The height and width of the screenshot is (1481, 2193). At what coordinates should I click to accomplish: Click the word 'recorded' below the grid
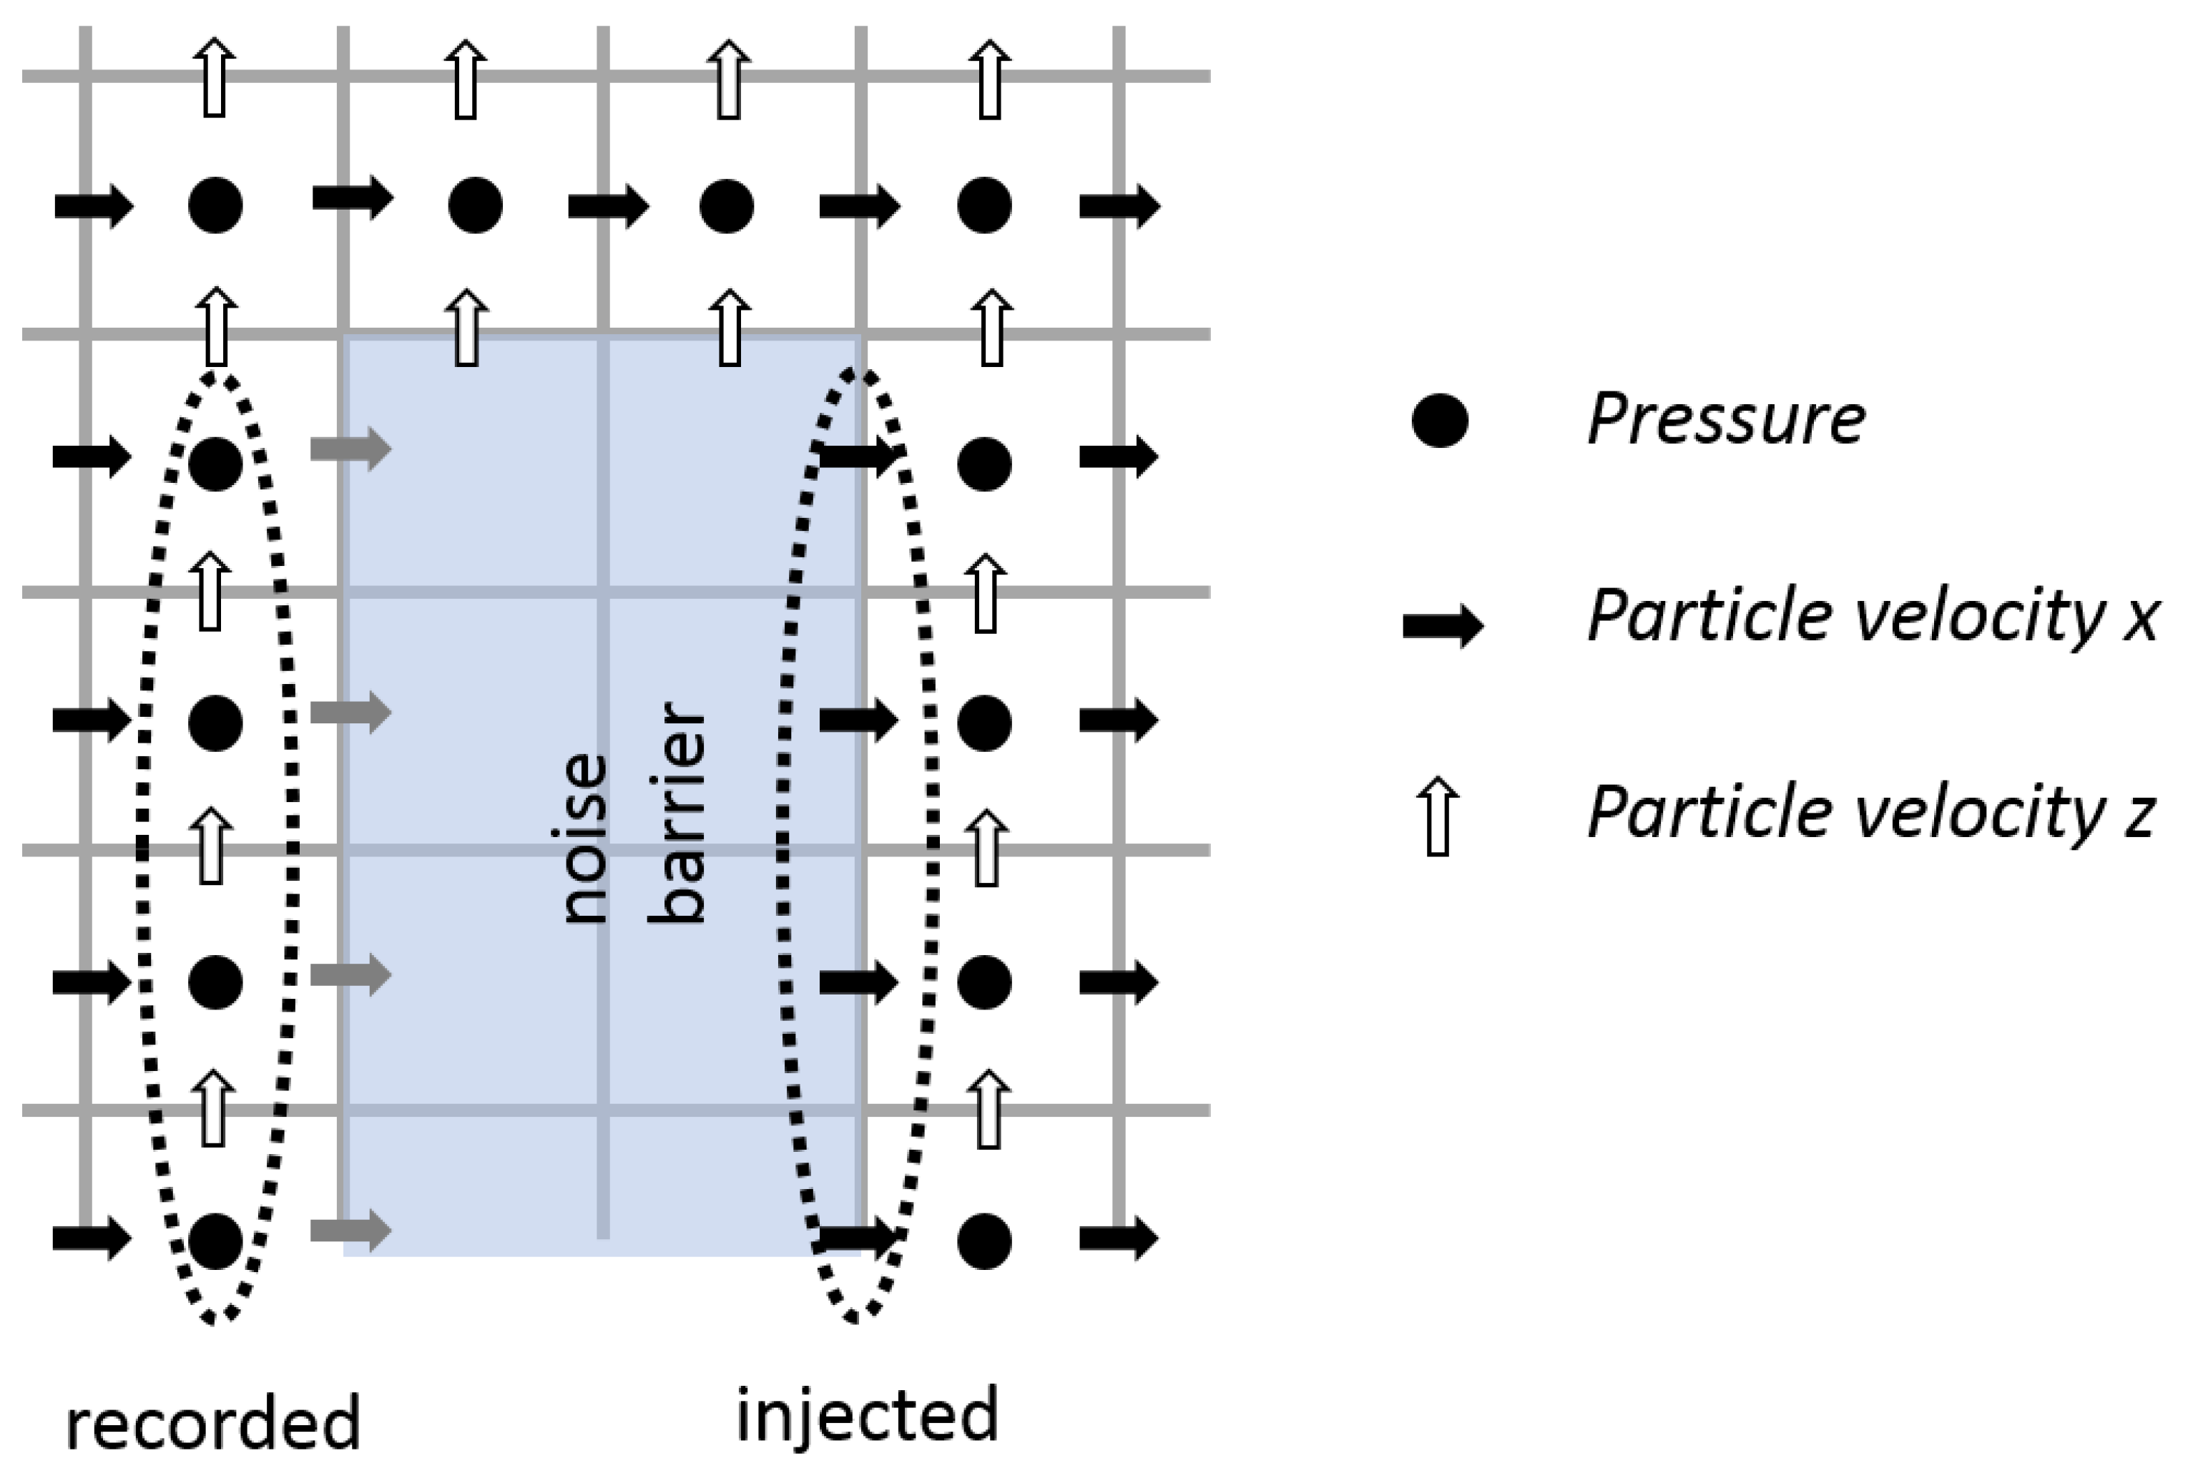click(x=213, y=1424)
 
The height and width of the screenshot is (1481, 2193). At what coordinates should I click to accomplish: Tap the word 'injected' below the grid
click(x=867, y=1416)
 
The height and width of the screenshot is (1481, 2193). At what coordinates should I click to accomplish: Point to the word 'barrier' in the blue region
click(x=677, y=812)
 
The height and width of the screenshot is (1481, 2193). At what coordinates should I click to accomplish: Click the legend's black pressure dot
click(x=1439, y=420)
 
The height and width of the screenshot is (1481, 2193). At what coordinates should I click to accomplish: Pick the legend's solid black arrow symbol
click(x=1443, y=625)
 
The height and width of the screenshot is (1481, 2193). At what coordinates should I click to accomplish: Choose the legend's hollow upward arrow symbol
click(x=1438, y=816)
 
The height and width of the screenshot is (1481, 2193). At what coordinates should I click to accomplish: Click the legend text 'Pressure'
click(x=1726, y=419)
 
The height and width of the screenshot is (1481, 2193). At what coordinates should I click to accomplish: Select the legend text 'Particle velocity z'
click(x=1870, y=813)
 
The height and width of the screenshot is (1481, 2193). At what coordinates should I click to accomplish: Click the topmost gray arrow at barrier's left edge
click(x=351, y=449)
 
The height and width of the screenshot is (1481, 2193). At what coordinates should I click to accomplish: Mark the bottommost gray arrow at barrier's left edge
click(x=351, y=1230)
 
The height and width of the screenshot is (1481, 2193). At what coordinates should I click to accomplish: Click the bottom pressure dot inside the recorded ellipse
click(x=215, y=1241)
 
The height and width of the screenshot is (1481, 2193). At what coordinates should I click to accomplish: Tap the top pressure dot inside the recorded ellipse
click(x=215, y=464)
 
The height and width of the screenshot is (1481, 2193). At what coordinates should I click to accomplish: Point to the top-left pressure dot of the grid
click(x=215, y=205)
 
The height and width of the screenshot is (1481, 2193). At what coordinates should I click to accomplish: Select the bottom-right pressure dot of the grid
click(x=984, y=1241)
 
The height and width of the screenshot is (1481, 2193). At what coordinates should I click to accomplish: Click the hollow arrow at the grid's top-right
click(x=989, y=79)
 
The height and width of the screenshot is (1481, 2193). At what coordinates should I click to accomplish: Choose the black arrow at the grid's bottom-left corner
click(x=92, y=1238)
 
